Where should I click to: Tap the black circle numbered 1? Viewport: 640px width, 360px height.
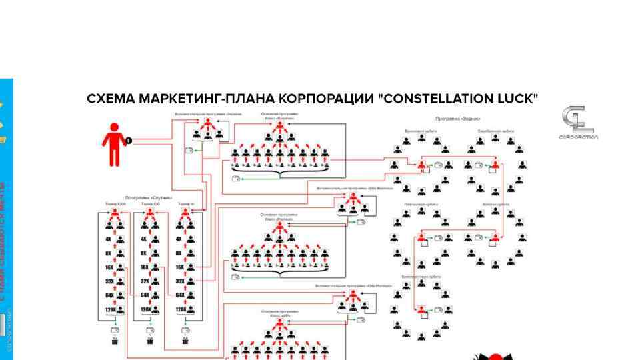[129, 141]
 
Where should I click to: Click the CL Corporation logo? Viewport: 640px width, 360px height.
[577, 123]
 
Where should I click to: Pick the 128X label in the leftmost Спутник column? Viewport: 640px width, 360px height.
[109, 309]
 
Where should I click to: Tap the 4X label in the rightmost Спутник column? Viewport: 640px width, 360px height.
[179, 239]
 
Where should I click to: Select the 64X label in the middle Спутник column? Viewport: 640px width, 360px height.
[144, 295]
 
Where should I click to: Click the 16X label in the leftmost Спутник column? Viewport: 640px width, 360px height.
[109, 267]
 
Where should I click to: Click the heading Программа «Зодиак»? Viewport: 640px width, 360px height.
[459, 119]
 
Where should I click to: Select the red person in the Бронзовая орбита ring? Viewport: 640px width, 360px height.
[421, 165]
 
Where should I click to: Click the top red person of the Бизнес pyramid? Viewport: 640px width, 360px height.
[281, 126]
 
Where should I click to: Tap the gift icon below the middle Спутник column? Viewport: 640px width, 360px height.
[150, 341]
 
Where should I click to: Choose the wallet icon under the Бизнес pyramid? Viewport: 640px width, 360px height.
[235, 179]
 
